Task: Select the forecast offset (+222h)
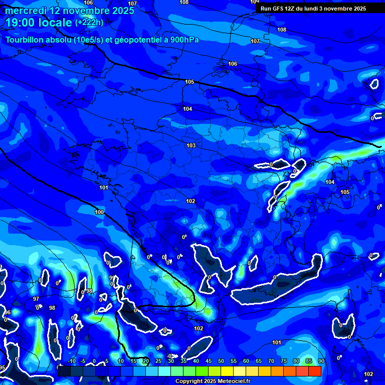(89, 23)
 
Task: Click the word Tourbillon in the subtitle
(30, 40)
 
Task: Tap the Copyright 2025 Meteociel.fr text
(213, 381)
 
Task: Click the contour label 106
(233, 64)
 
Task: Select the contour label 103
(191, 145)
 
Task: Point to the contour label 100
(99, 212)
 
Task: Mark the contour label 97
(36, 299)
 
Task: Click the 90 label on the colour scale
(321, 361)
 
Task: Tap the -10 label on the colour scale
(71, 361)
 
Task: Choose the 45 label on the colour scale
(208, 361)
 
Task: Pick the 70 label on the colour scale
(271, 361)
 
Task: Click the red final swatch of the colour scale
(315, 371)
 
